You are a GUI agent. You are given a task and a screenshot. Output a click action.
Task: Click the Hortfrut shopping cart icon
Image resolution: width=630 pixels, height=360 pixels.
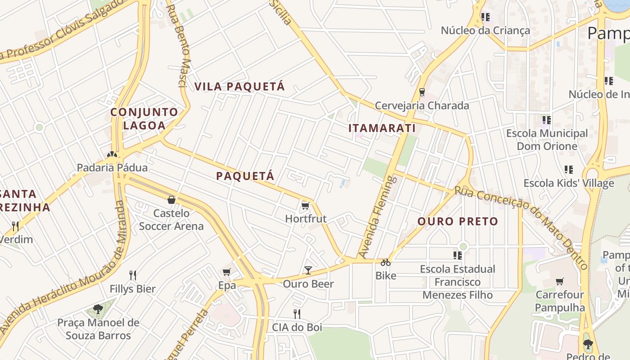click(306, 206)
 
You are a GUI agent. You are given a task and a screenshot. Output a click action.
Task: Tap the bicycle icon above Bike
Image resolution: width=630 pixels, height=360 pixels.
click(386, 262)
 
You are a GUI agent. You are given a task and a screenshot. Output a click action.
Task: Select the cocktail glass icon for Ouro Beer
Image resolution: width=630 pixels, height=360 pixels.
click(308, 270)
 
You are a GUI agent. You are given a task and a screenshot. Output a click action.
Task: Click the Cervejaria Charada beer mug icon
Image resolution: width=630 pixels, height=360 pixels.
click(422, 92)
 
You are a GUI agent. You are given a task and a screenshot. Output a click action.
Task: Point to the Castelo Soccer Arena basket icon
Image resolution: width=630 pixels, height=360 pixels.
click(171, 199)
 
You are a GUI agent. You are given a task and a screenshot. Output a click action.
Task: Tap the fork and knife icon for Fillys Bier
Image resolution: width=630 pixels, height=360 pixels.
click(133, 275)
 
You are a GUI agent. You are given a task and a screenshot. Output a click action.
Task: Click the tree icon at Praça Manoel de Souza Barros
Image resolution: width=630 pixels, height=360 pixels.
click(98, 309)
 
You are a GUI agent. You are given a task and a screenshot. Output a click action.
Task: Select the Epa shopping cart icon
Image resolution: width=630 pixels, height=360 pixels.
click(227, 271)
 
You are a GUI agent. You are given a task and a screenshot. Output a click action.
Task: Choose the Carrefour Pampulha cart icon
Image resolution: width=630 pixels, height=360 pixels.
click(560, 281)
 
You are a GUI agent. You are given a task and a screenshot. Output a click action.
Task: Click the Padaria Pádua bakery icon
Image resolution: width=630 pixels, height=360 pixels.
click(112, 154)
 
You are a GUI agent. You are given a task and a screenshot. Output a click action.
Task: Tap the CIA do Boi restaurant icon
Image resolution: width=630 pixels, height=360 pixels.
click(297, 314)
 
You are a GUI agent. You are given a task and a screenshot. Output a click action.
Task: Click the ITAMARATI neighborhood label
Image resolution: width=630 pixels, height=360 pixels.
click(382, 128)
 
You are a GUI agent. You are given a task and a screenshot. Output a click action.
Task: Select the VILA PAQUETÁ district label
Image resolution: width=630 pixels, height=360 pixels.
click(240, 86)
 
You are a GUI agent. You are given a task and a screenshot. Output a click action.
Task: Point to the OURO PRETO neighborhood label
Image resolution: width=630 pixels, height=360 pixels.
click(458, 221)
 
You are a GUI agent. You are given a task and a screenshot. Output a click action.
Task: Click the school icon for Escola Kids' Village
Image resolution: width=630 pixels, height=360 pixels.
click(569, 170)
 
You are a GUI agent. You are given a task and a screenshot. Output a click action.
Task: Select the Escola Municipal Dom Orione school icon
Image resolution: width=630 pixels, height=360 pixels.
click(547, 120)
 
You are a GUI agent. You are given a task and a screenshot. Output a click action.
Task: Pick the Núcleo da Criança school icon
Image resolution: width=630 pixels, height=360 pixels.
click(485, 17)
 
